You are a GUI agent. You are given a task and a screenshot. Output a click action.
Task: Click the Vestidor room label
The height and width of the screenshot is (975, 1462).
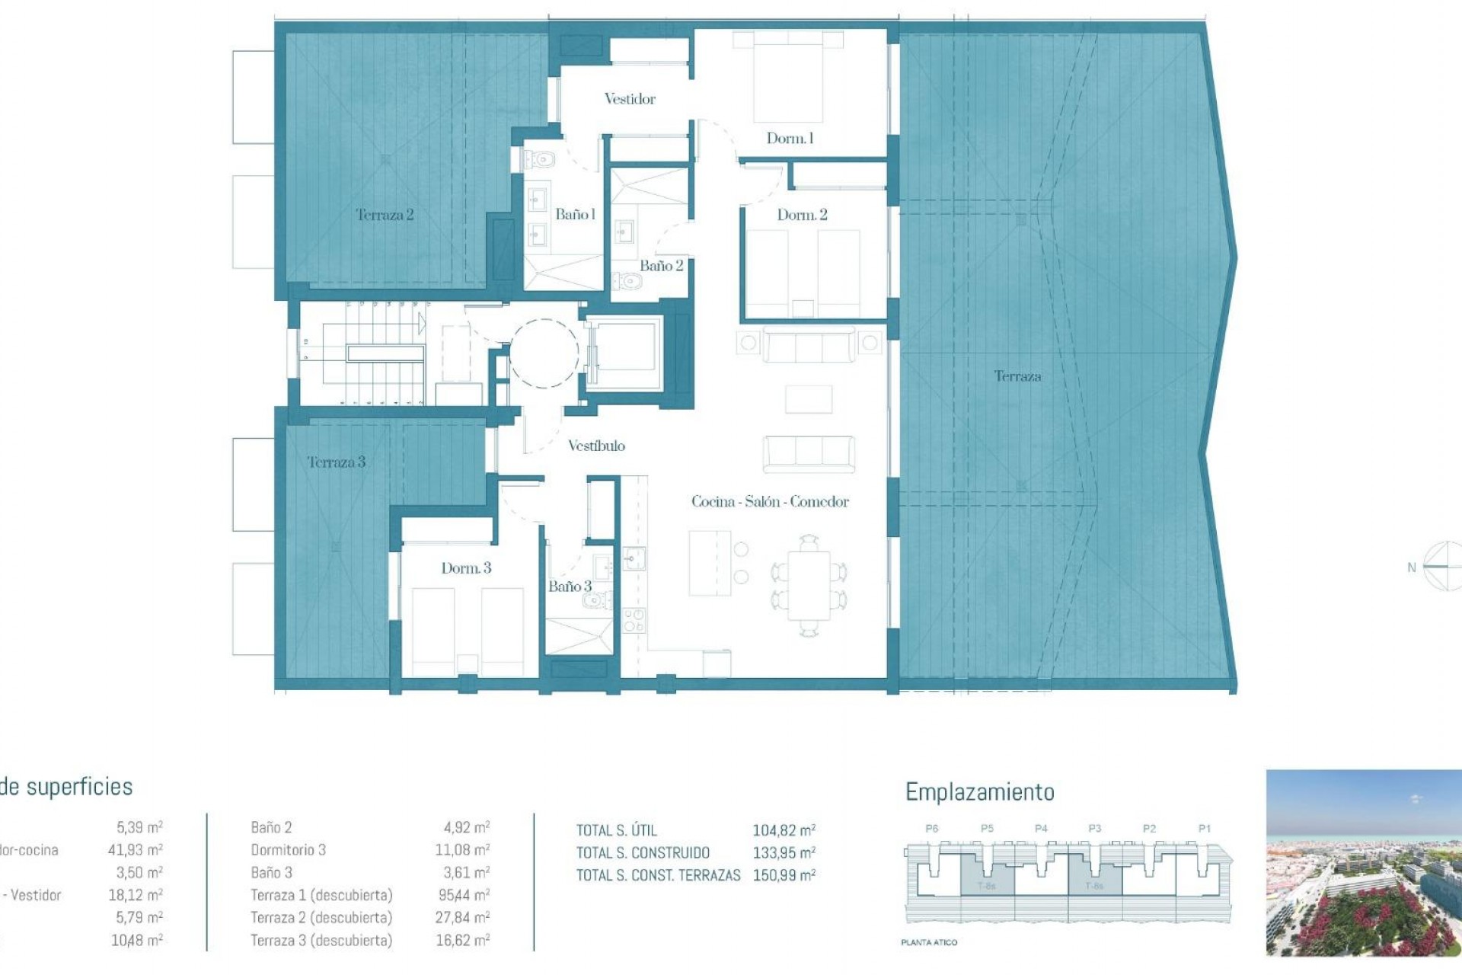click(x=630, y=99)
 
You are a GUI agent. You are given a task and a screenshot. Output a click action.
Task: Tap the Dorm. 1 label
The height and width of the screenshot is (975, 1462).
click(x=790, y=139)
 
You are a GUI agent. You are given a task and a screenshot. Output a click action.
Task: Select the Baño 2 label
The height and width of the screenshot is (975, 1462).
click(x=661, y=266)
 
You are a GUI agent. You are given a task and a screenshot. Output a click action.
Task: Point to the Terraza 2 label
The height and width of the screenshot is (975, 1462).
click(x=385, y=215)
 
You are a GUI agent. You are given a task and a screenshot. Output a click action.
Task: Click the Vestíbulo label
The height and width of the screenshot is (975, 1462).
click(x=596, y=446)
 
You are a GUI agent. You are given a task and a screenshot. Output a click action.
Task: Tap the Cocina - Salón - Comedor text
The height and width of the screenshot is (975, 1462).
click(x=770, y=502)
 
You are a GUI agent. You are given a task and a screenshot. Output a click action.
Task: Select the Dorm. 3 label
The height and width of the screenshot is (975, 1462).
click(x=466, y=568)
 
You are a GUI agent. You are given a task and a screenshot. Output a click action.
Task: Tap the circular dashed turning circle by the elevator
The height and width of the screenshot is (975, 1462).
click(x=544, y=353)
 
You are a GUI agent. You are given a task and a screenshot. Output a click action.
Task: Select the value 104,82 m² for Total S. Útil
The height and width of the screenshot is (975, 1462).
click(x=784, y=830)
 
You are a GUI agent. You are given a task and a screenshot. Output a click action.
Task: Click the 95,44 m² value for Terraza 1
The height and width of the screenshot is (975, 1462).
click(x=462, y=895)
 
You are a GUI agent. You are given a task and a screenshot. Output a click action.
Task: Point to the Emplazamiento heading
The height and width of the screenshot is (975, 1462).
click(x=979, y=792)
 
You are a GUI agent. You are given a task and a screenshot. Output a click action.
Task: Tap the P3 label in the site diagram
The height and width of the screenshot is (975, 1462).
click(x=1095, y=829)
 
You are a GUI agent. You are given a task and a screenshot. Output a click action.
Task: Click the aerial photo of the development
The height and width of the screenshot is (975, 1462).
click(x=1363, y=862)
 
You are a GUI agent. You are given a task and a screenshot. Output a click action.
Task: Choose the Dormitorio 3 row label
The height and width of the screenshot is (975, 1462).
click(x=288, y=850)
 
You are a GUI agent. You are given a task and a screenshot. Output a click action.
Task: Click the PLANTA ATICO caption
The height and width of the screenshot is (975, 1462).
click(x=929, y=942)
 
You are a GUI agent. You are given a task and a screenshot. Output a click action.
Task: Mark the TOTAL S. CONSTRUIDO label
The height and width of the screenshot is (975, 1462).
click(x=643, y=853)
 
